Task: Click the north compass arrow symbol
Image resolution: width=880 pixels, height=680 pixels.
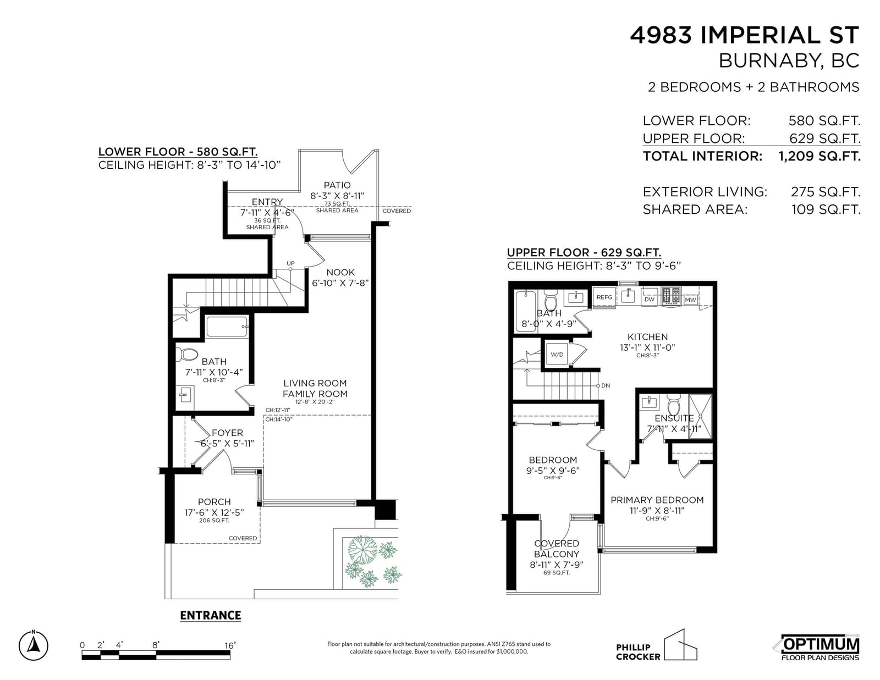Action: click(x=34, y=645)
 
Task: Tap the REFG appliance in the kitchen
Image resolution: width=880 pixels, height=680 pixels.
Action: click(x=604, y=297)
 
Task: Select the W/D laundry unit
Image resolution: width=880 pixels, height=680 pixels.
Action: click(x=557, y=355)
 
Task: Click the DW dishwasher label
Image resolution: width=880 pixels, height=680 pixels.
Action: click(x=649, y=300)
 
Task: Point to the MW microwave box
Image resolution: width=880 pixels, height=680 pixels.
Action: click(x=690, y=300)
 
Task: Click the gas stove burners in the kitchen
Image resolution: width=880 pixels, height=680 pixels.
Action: click(x=671, y=296)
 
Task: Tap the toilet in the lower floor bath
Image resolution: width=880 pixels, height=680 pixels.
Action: click(x=187, y=355)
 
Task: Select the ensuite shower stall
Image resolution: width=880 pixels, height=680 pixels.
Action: click(x=700, y=416)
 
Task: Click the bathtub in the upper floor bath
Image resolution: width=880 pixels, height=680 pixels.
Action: click(x=526, y=311)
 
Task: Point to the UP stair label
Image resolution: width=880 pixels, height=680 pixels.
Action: click(x=291, y=263)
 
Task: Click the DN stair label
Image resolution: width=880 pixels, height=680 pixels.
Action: click(x=606, y=385)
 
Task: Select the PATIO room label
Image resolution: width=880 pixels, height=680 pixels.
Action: click(x=337, y=185)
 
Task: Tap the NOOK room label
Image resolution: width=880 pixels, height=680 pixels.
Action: click(x=340, y=273)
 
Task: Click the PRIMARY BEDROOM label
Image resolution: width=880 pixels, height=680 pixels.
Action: click(x=657, y=500)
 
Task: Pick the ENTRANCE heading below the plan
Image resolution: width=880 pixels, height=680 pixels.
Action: click(x=211, y=615)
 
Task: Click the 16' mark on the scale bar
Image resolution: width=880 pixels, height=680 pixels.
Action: click(x=229, y=645)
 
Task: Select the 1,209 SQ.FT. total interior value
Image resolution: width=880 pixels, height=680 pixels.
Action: click(x=820, y=156)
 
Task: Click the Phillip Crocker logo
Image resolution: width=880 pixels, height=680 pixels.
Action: click(x=656, y=645)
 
